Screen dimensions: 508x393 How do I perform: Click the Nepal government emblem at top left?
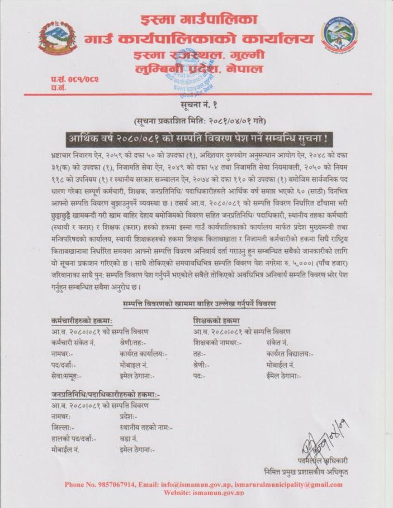click(58, 39)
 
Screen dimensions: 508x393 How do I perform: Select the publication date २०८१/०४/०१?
click(230, 121)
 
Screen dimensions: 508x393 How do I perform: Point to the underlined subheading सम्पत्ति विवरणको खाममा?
click(199, 303)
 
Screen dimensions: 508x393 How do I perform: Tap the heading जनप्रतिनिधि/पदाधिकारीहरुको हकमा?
click(105, 395)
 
